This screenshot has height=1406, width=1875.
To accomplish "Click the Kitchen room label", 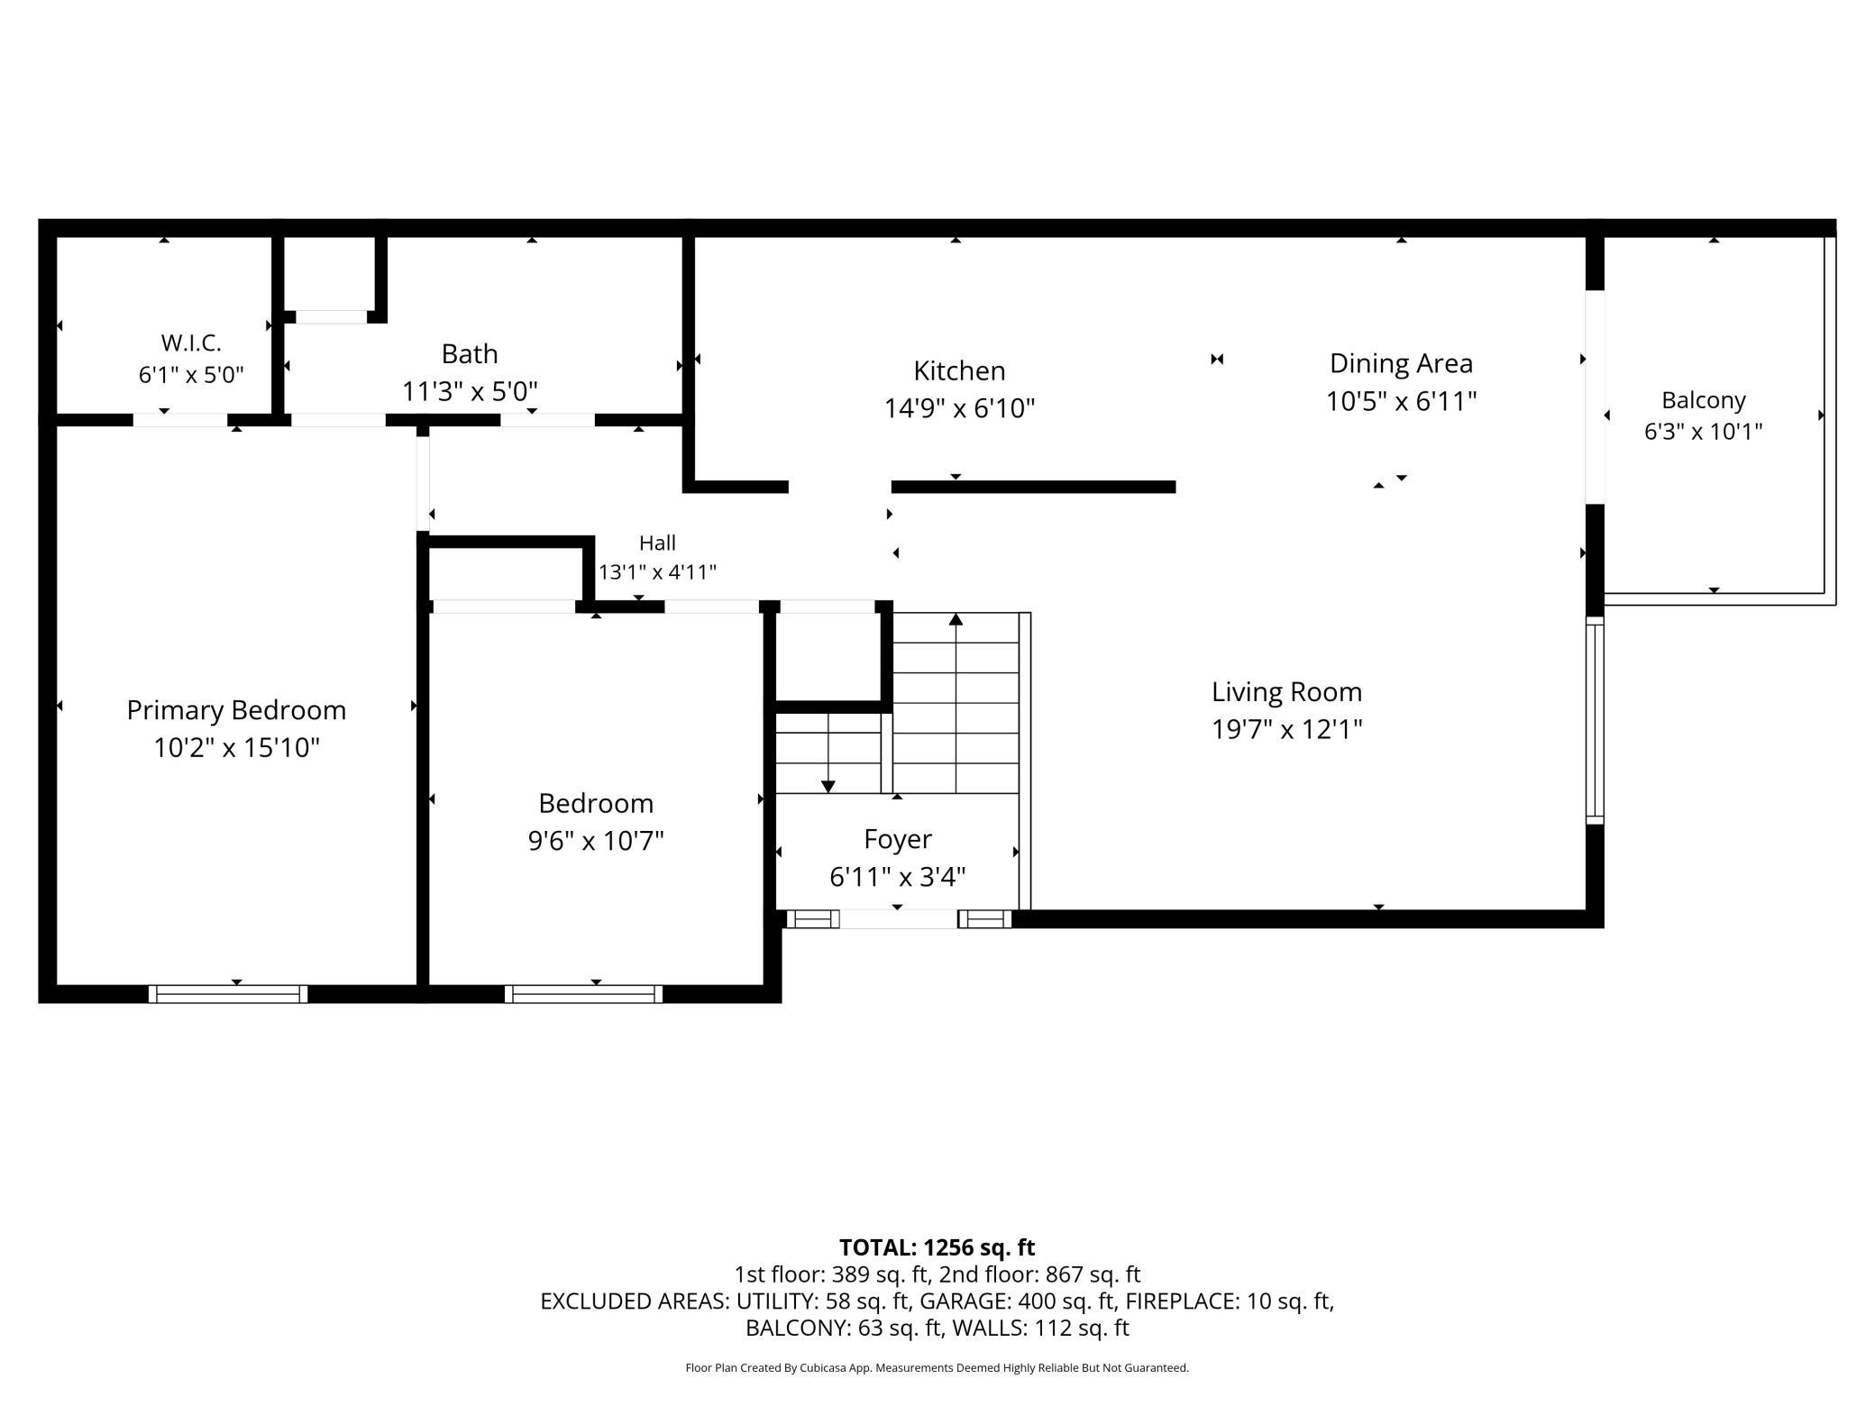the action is pos(959,370).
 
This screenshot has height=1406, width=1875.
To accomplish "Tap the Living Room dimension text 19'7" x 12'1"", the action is pos(1286,728).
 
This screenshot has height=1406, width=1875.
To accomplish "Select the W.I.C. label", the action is pos(191,342).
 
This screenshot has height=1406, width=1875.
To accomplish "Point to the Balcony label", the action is pos(1704,400).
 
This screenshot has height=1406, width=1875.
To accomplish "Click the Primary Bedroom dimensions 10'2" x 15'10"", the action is pos(236,747).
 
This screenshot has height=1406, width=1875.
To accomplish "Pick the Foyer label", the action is pos(898,839).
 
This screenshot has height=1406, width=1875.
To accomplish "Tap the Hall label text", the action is pos(657,543).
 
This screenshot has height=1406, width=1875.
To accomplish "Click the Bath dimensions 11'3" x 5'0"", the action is pos(470,391).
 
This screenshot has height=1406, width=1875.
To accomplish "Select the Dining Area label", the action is pos(1401,363).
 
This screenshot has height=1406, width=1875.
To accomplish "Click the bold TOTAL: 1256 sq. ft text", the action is pos(937,1247).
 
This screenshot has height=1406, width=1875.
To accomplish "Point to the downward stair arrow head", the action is pos(828,787).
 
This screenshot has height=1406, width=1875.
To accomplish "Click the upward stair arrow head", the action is pos(956,619).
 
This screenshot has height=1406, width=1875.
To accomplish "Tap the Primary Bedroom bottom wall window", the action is pos(228,994).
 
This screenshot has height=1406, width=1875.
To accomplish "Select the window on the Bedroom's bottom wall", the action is pos(584,994).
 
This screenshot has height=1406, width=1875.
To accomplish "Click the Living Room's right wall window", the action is pos(1595,720).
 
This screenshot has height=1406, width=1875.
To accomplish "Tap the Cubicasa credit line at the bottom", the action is pos(937,1368).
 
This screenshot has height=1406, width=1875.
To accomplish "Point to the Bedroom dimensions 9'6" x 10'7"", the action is pos(596,841).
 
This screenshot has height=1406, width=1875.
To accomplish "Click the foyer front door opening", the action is pos(898,919).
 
